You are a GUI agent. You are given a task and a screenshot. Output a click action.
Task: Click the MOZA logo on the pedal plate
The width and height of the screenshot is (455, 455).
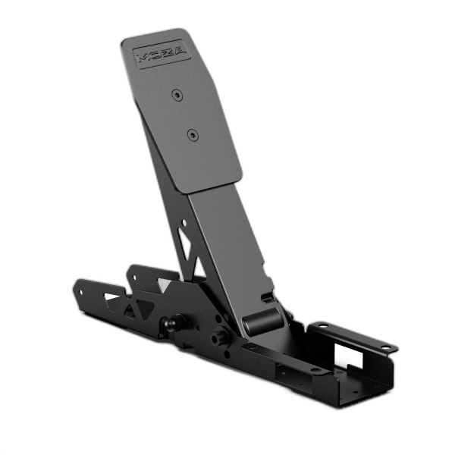tap(162, 55)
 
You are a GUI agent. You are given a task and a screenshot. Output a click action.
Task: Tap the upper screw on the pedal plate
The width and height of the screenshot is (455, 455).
tap(177, 95)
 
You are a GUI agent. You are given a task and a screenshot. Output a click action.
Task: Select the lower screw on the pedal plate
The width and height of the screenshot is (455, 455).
tap(193, 135)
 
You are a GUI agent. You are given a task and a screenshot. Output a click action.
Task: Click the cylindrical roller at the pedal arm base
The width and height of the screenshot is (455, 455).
tap(262, 322)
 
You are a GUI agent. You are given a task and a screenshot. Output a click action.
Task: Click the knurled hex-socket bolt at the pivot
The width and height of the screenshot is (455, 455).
tap(221, 336)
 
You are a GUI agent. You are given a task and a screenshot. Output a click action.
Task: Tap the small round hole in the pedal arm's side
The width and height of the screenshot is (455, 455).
tap(184, 223)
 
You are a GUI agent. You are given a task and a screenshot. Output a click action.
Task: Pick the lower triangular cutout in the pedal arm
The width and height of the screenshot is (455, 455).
tap(199, 268)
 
